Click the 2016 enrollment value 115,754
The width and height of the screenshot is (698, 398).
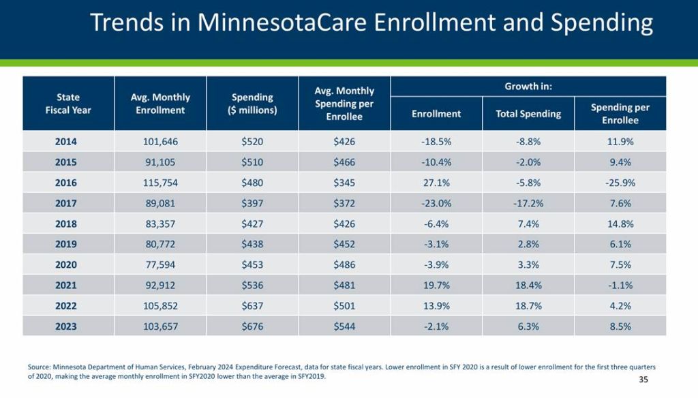pyautogui.click(x=160, y=183)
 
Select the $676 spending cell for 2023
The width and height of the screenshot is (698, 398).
pyautogui.click(x=252, y=326)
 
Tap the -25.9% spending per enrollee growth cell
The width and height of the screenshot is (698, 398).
pyautogui.click(x=620, y=183)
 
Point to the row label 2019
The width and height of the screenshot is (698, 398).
pyautogui.click(x=66, y=245)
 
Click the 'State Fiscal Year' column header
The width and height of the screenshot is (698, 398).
pyautogui.click(x=68, y=104)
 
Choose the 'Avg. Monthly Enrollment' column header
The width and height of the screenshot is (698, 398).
pyautogui.click(x=160, y=104)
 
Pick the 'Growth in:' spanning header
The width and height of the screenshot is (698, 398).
pyautogui.click(x=528, y=87)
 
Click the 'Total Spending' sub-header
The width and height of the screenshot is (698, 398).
pyautogui.click(x=528, y=114)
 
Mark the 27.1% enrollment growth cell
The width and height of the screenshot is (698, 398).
pyautogui.click(x=436, y=183)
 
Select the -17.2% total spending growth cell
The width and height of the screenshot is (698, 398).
pyautogui.click(x=528, y=204)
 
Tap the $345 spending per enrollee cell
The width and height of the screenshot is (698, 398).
pyautogui.click(x=344, y=183)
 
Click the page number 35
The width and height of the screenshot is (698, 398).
pyautogui.click(x=643, y=380)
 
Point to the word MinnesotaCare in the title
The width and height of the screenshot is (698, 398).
pyautogui.click(x=284, y=23)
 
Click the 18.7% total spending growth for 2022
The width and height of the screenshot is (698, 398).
pyautogui.click(x=528, y=306)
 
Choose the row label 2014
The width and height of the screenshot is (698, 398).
pyautogui.click(x=66, y=142)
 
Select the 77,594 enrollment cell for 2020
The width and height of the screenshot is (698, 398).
pyautogui.click(x=160, y=265)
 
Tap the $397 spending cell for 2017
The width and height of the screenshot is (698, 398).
pyautogui.click(x=252, y=204)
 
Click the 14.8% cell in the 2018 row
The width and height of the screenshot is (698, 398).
pyautogui.click(x=620, y=224)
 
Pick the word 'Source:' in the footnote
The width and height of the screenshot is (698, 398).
pyautogui.click(x=40, y=367)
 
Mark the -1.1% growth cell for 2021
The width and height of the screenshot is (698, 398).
pyautogui.click(x=620, y=286)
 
